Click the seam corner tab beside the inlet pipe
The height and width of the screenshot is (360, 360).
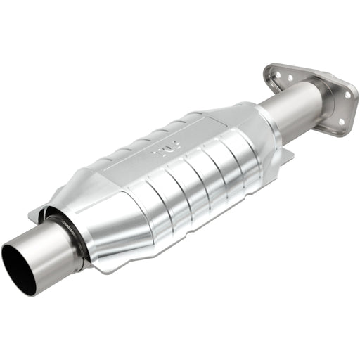[35, 214]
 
